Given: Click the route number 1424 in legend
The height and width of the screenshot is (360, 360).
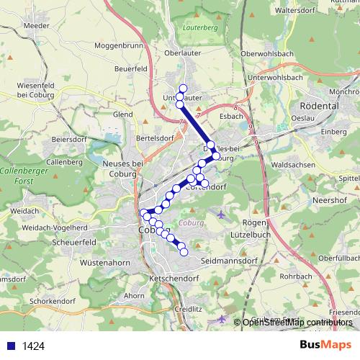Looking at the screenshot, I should (x=33, y=346).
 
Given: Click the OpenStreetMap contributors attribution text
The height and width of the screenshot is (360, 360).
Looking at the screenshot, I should (x=297, y=322).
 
